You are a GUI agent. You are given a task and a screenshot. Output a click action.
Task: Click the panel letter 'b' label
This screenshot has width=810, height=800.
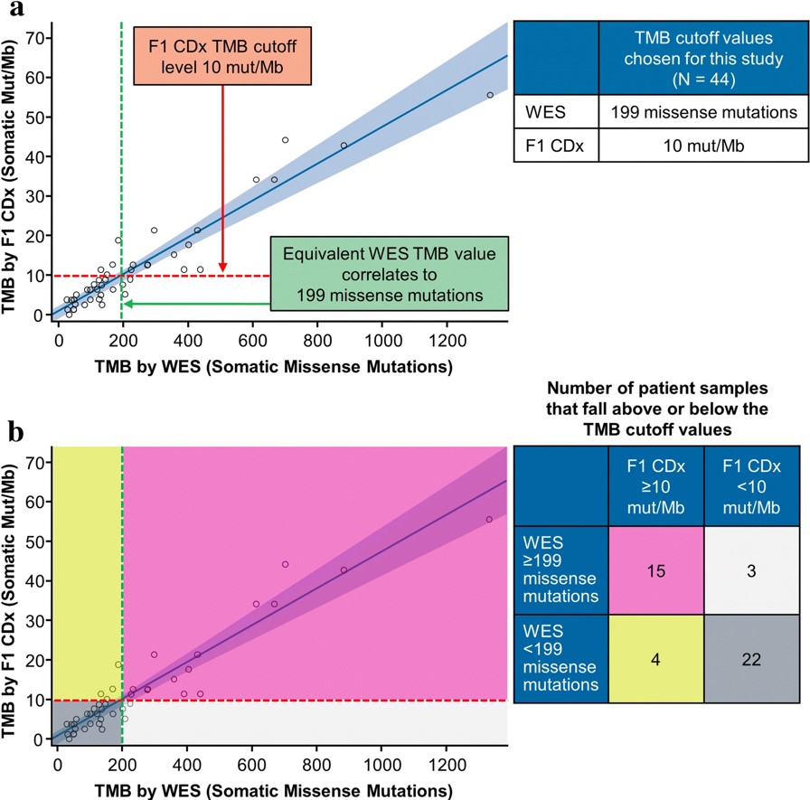[13, 433]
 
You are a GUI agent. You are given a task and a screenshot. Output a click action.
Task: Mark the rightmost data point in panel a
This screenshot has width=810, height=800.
[490, 95]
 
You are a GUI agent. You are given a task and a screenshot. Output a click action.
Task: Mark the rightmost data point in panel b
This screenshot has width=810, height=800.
[489, 519]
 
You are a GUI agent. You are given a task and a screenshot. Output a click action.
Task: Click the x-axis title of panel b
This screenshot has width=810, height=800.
[254, 791]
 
